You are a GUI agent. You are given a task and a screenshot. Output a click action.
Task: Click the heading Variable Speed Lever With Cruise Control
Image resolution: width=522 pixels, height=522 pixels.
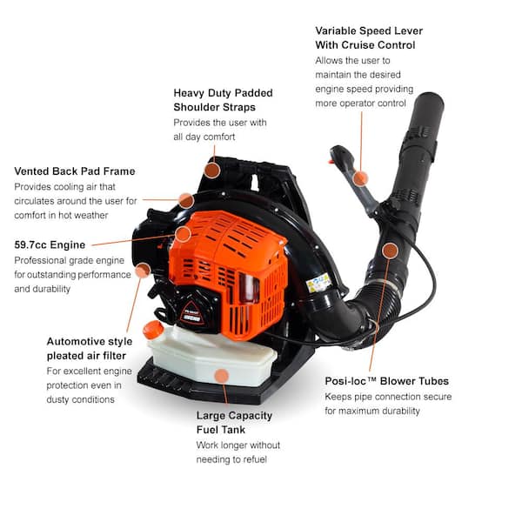click(x=369, y=37)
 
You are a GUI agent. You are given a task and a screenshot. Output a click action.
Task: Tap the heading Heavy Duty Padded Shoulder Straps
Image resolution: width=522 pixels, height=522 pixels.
click(x=223, y=100)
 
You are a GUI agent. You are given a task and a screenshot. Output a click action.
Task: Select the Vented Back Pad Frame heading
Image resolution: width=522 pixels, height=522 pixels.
click(x=75, y=171)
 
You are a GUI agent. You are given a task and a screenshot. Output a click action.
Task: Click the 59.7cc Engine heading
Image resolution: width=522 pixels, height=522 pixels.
click(x=50, y=244)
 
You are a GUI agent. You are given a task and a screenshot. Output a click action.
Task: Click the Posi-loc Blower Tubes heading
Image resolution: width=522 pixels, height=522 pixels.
click(x=398, y=381)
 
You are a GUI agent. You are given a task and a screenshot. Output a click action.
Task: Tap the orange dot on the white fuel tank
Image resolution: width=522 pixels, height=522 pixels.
click(x=222, y=376)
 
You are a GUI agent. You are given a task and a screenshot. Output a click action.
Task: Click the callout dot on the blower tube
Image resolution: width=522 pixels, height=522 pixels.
click(x=390, y=251)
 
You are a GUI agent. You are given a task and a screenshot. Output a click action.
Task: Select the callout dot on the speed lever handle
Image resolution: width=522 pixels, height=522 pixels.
click(x=361, y=178)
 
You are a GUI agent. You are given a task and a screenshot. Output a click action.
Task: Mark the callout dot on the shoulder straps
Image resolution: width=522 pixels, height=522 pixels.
click(x=212, y=170)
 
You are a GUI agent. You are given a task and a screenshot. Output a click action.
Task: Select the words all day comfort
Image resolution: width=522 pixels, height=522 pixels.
click(x=204, y=137)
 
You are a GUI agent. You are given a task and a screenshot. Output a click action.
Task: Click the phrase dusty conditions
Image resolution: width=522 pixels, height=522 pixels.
click(x=80, y=399)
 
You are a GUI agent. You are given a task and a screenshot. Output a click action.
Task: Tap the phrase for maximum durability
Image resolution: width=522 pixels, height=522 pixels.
click(x=373, y=411)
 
